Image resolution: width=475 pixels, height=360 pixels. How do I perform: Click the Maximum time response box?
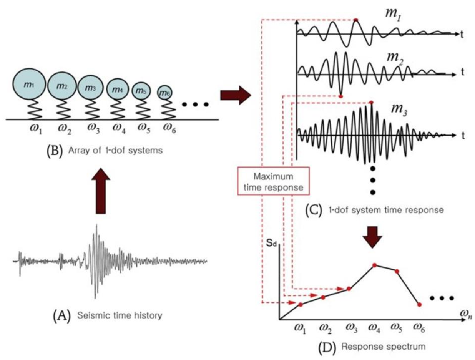[x=274, y=182]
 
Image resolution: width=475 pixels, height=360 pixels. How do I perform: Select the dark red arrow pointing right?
[x=235, y=95]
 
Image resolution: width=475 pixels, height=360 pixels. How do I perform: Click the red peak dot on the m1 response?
[x=356, y=20]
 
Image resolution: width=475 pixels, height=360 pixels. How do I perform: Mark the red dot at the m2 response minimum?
[x=341, y=96]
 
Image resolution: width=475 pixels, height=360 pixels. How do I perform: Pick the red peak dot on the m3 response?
[x=371, y=102]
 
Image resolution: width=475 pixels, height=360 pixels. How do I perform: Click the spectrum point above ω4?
[x=374, y=265]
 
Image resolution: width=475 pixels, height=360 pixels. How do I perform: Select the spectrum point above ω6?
[x=419, y=305]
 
